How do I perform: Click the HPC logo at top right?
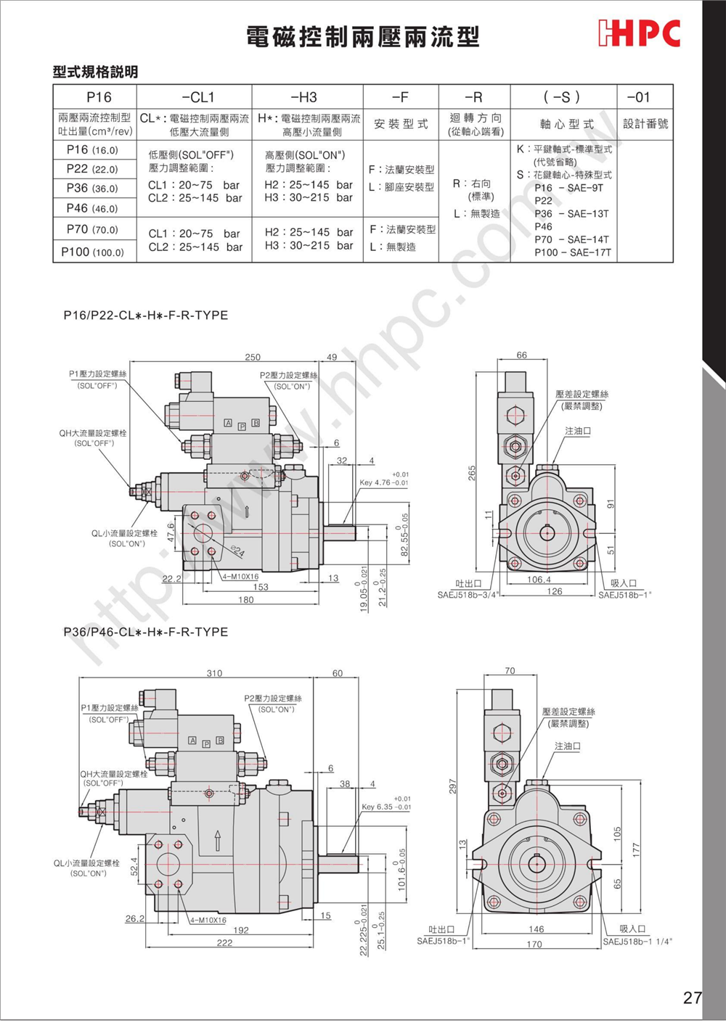[x=640, y=33]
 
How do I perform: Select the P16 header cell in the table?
[x=99, y=97]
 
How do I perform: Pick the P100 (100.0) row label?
[x=92, y=252]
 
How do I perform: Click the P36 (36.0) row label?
[x=92, y=188]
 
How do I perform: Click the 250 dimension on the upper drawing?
[x=253, y=357]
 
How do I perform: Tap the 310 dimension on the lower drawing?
[x=215, y=673]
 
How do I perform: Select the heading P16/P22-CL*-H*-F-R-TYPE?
[x=146, y=316]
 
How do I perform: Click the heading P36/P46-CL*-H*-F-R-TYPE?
[x=146, y=632]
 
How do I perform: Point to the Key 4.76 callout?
[x=384, y=482]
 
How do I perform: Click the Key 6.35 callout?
[x=386, y=807]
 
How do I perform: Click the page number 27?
[x=692, y=997]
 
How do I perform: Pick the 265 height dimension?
[x=473, y=473]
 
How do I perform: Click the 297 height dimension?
[x=453, y=787]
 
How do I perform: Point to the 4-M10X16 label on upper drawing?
[x=240, y=577]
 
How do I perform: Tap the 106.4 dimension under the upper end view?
[x=539, y=580]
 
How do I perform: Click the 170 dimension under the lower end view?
[x=534, y=944]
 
